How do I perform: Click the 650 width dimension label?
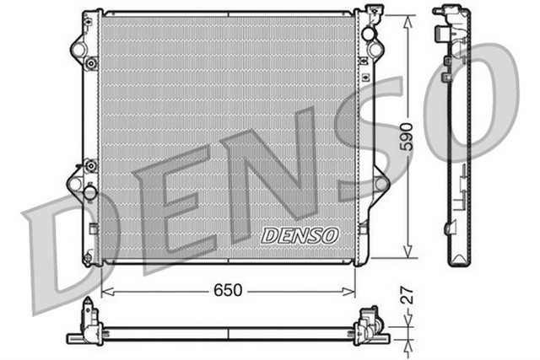[228, 290]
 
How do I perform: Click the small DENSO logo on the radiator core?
[299, 235]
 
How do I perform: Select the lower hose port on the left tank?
[77, 183]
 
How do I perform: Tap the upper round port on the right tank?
[369, 34]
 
